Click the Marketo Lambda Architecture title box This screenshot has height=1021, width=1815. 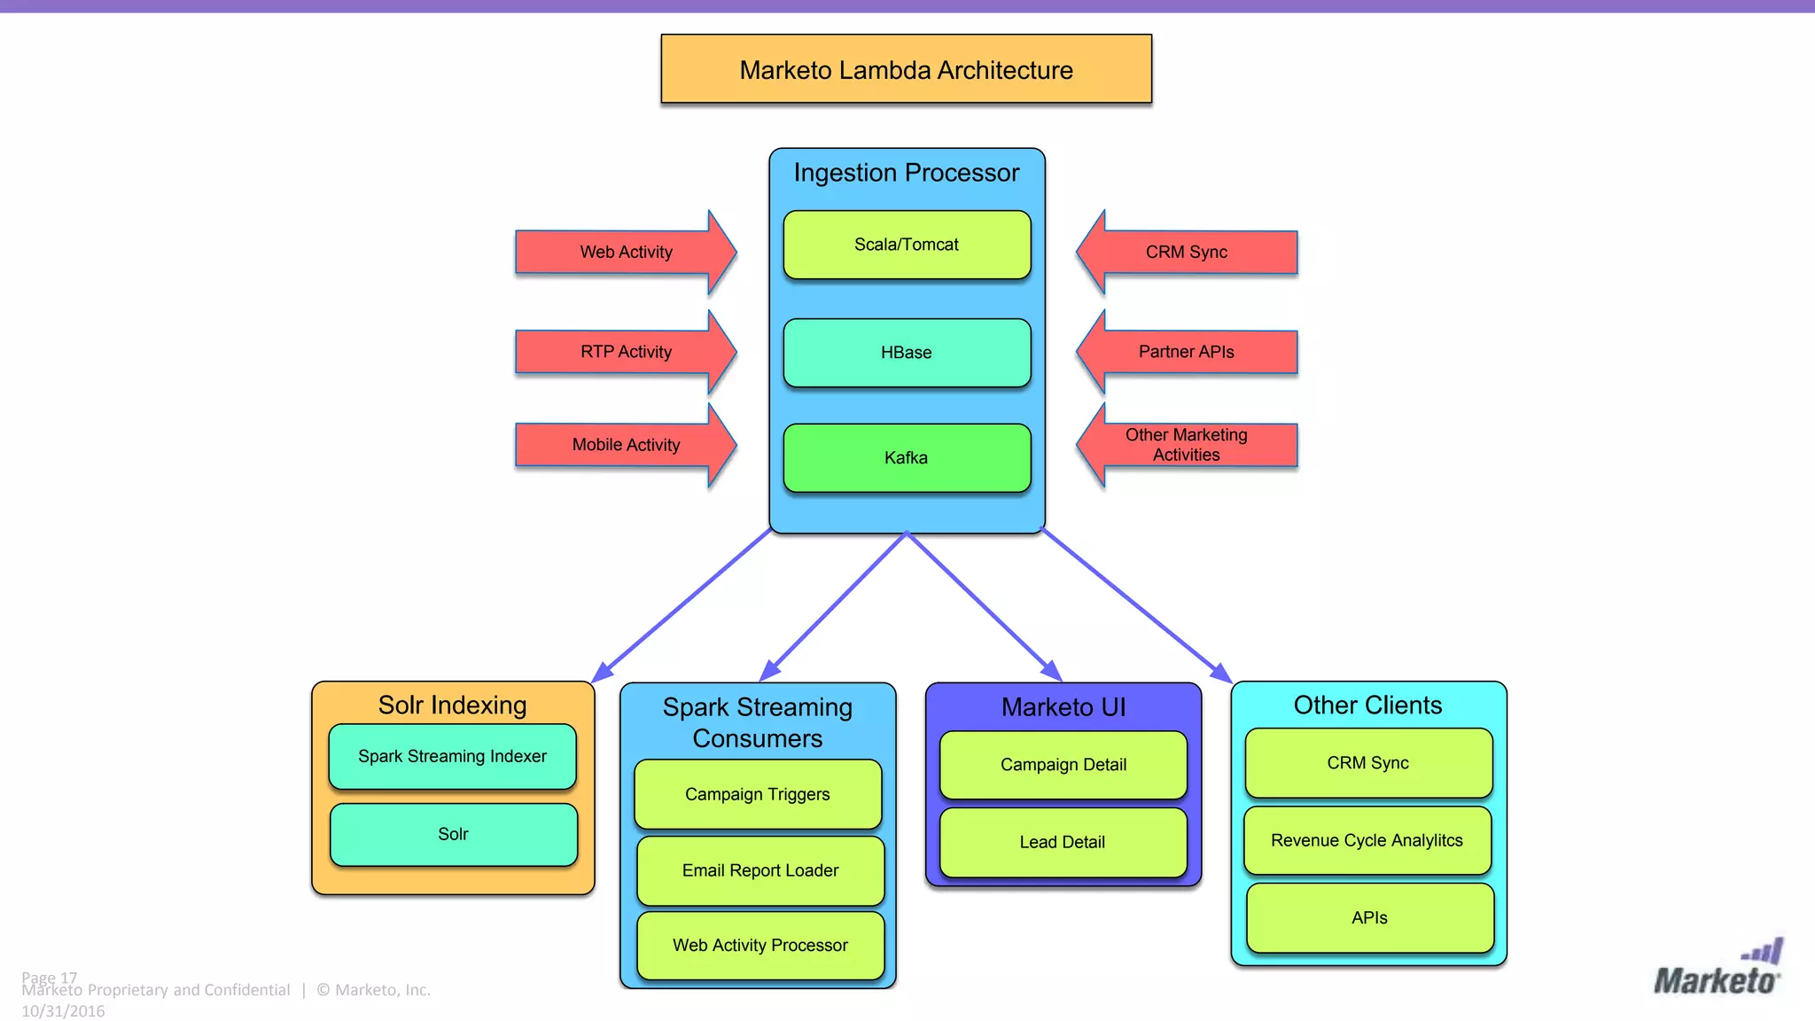pos(906,69)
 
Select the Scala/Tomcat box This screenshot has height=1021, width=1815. pos(907,245)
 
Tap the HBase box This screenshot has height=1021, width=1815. pos(907,353)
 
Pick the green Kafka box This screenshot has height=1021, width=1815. pos(907,458)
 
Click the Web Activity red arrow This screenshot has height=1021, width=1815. pos(626,253)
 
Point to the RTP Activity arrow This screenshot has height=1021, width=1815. pos(626,352)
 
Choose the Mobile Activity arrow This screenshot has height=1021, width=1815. pos(626,445)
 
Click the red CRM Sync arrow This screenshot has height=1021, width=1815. pos(1187,253)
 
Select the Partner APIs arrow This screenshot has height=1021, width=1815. pos(1187,352)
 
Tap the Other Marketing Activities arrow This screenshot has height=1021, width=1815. pos(1187,445)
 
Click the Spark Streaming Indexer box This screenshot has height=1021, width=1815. pos(452,756)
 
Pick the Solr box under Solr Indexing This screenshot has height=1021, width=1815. pos(453,834)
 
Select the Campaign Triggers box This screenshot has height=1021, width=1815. pos(758,794)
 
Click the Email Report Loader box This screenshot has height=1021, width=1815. pos(760,870)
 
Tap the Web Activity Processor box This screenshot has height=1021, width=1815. pos(760,946)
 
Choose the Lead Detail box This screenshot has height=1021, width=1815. pos(1063,842)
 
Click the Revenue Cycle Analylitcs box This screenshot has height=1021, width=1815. pos(1367,840)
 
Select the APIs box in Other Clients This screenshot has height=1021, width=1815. pos(1369,918)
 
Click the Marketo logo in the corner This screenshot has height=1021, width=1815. pos(1717,970)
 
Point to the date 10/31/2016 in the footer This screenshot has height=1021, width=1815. pos(63,1011)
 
